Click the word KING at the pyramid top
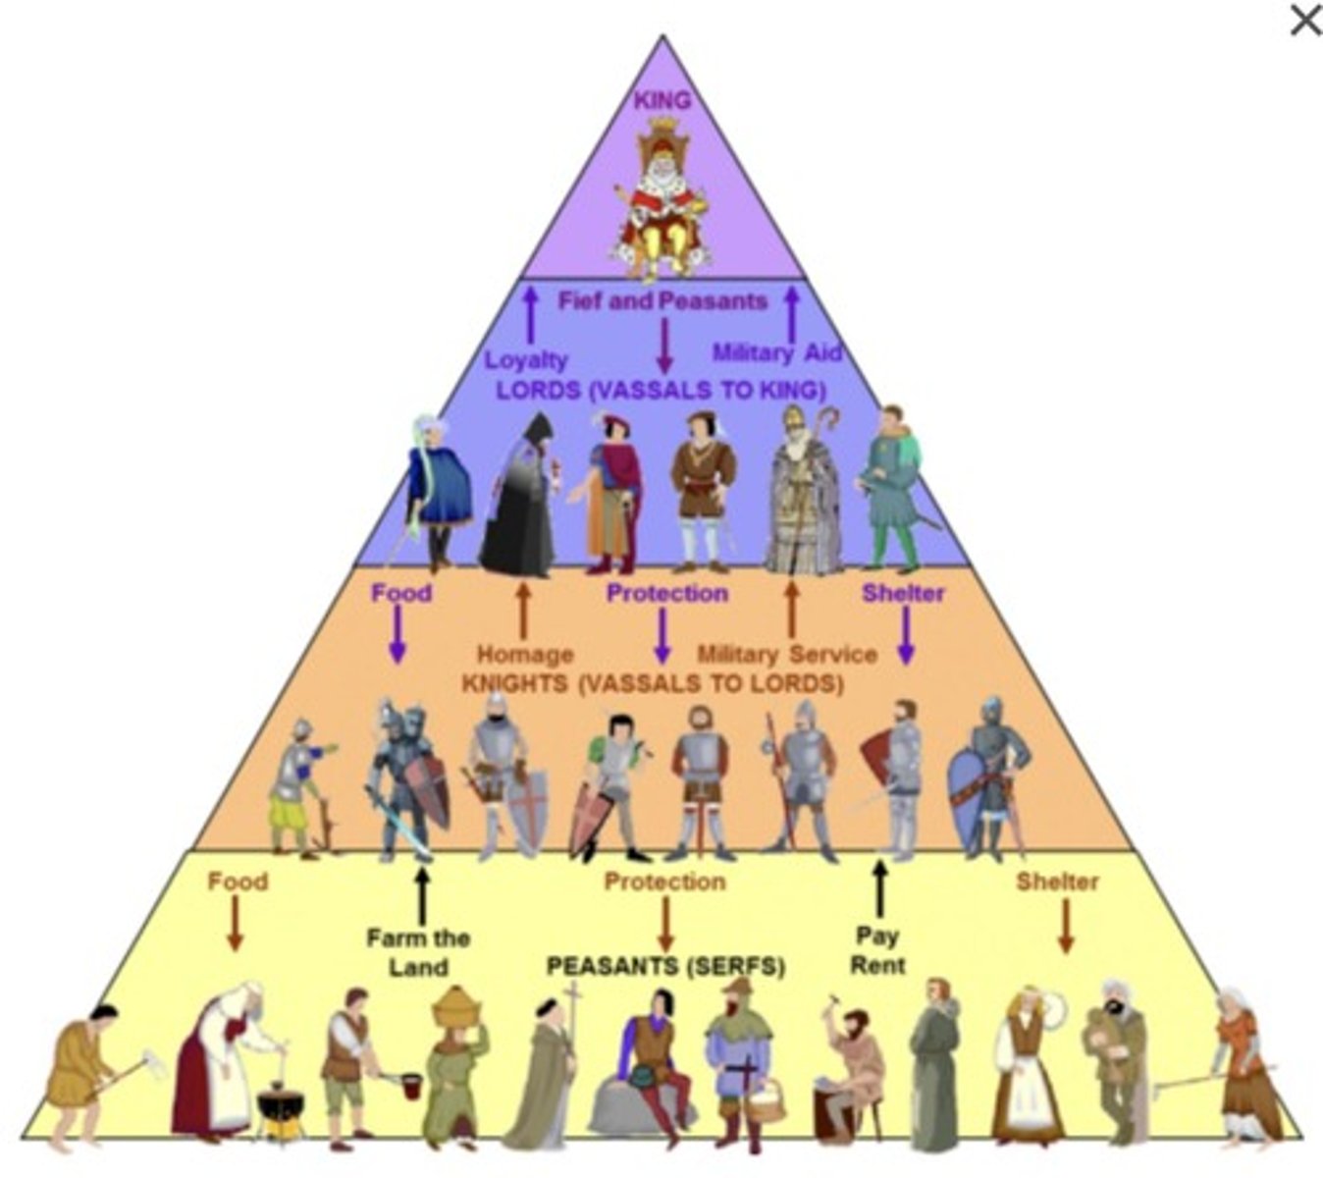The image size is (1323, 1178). pos(662,100)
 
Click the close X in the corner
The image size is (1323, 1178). pos(1304,21)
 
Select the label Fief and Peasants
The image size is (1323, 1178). pos(662,301)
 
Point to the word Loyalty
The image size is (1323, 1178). pos(526,360)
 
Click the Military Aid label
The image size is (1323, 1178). pos(777,352)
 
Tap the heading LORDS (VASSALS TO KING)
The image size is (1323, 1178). pos(661,390)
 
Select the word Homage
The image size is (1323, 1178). pos(525,654)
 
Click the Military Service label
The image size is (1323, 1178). pos(787,654)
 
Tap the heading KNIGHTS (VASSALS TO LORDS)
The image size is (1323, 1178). pos(653,683)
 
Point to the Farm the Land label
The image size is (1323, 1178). pos(418,952)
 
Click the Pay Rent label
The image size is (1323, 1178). pos(877,950)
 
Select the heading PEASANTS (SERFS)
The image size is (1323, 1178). pos(665,967)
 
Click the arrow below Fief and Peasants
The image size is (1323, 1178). pos(663,346)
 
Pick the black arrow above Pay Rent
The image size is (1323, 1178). pos(879,888)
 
